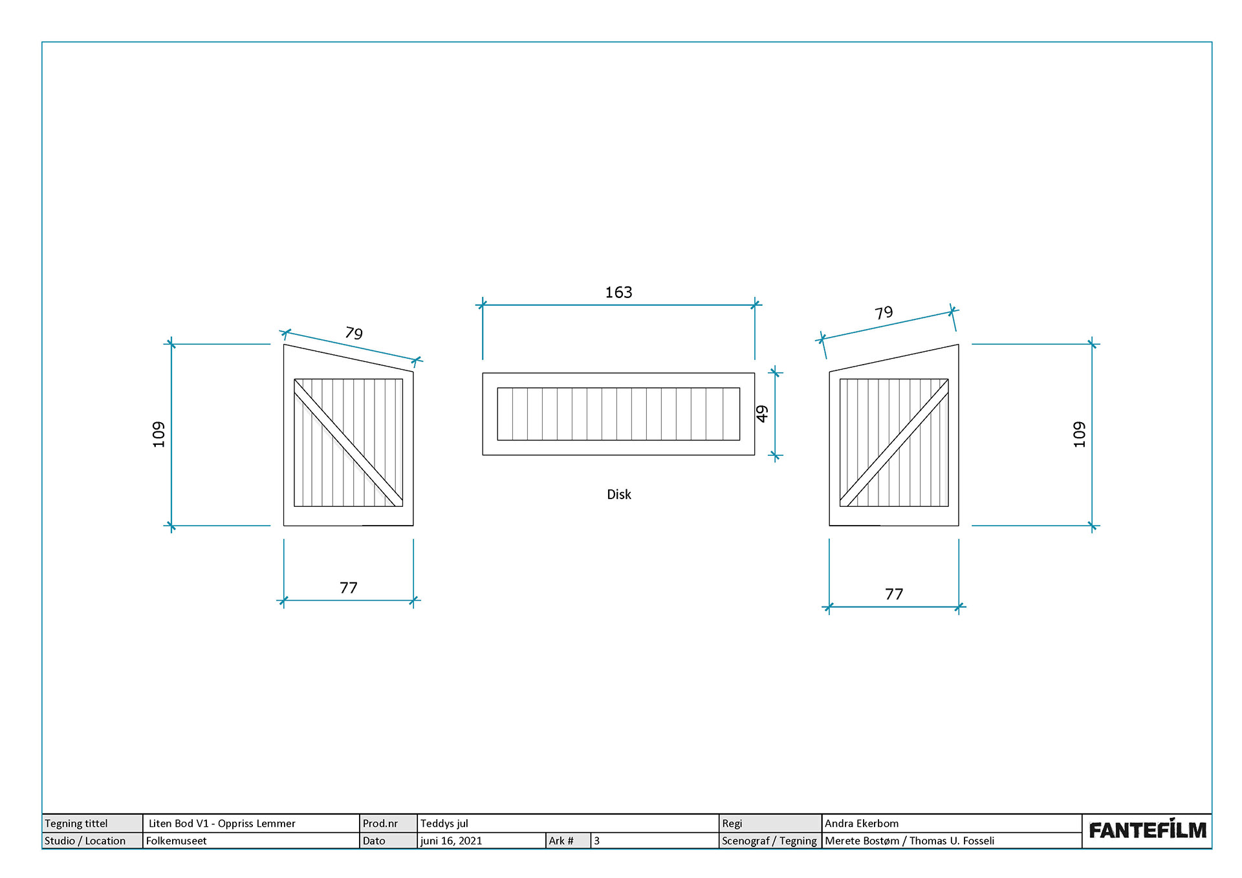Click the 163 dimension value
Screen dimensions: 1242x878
618,292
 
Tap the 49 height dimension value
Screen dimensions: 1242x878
762,414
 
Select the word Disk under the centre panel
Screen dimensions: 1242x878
618,495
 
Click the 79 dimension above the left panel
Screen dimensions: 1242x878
354,333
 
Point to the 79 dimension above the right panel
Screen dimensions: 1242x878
884,313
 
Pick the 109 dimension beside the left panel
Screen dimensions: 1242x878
158,434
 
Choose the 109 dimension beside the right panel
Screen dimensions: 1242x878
1079,434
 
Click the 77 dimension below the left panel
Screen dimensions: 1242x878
348,588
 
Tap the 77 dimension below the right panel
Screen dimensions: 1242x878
893,594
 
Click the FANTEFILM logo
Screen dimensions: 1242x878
1147,830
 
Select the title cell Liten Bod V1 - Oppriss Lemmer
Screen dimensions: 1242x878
222,823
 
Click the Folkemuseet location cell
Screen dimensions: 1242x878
177,841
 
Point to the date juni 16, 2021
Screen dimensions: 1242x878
451,841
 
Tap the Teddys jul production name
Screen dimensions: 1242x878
444,823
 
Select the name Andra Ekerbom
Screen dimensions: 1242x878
861,823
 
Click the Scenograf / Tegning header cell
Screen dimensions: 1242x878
769,841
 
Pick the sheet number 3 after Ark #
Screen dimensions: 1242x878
596,841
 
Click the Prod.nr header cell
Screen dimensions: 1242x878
380,823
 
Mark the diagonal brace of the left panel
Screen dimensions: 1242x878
348,442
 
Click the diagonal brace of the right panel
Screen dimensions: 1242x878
894,442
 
